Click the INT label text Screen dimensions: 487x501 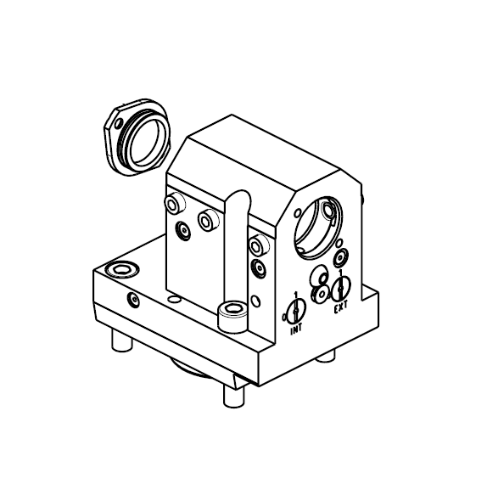296,329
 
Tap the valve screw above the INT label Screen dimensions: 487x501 296,310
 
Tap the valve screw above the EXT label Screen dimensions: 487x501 341,288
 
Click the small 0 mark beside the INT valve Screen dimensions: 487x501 284,317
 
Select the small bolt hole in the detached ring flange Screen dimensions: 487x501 120,122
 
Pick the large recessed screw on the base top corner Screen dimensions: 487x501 121,269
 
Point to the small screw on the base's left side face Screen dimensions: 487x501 133,300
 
